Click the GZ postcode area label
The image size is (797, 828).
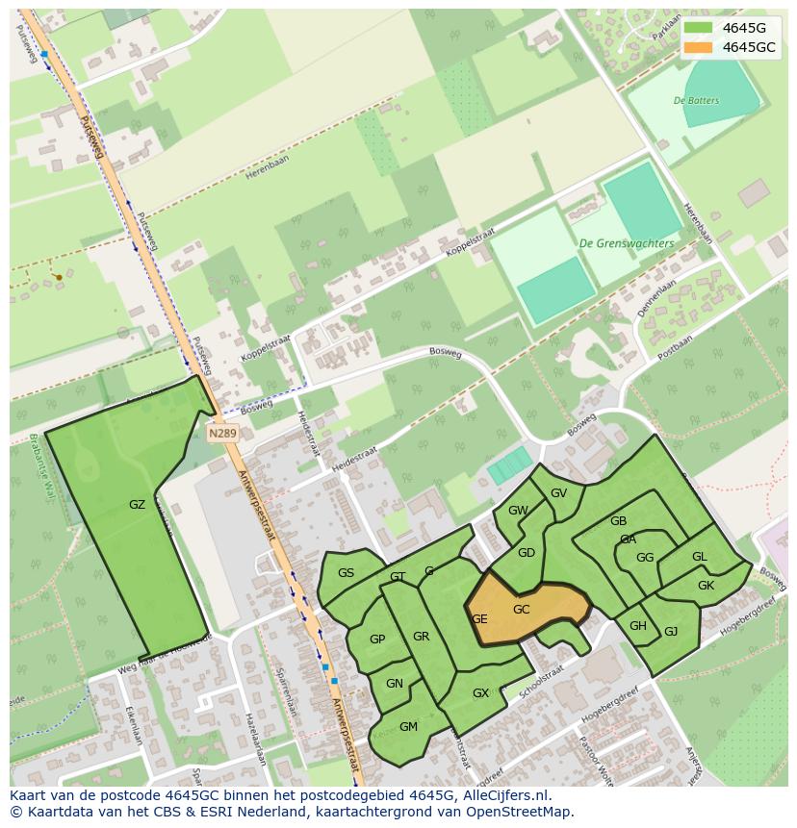coord(137,504)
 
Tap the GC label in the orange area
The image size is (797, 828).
coord(521,610)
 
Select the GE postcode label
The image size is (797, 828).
coord(479,619)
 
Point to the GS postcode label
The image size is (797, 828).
coord(346,573)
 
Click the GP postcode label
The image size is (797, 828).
coord(377,640)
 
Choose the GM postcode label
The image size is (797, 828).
coord(408,726)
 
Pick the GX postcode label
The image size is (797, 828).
coord(480,693)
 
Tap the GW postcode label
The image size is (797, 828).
coord(518,511)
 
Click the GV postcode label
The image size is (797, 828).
coord(558,493)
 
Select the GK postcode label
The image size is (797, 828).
coord(706,586)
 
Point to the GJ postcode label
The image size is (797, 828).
coord(671,632)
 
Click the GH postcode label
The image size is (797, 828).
coord(638,626)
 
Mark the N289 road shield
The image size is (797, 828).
coord(222,434)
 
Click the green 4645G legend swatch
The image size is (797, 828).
coord(699,28)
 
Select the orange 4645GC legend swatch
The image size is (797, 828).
coord(699,47)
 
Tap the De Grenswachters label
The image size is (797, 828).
coord(626,244)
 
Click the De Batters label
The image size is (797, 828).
coord(696,100)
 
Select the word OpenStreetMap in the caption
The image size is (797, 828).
coord(519,812)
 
